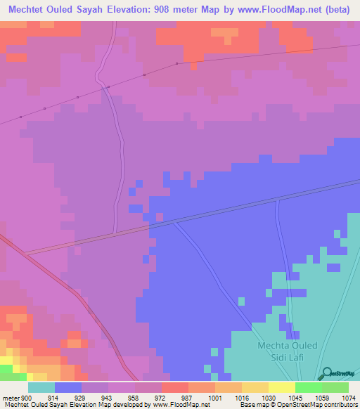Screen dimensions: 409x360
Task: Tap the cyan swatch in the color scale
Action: coord(41,388)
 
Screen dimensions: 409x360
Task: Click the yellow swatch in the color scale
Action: coord(282,388)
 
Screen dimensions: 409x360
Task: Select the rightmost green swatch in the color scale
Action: coord(335,388)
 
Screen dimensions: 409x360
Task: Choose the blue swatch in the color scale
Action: coord(68,388)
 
